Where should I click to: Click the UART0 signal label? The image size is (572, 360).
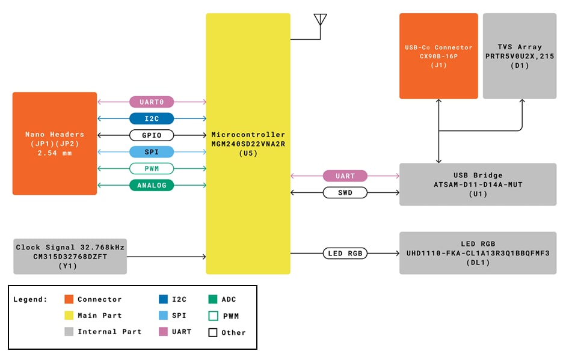(x=152, y=102)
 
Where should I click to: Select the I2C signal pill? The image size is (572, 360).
(x=152, y=118)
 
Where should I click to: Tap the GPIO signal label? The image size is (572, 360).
(x=152, y=135)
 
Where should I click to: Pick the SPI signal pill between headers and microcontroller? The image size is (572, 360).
(x=152, y=151)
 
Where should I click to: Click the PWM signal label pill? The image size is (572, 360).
(x=152, y=168)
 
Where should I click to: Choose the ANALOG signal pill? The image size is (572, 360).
(x=152, y=185)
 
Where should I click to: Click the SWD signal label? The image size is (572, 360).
(x=345, y=192)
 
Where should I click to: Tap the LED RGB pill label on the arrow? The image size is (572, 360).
(x=345, y=253)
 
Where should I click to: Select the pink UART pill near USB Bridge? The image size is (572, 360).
(x=345, y=176)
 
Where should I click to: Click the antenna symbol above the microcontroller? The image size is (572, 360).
(x=320, y=20)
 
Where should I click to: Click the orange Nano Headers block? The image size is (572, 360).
(x=55, y=143)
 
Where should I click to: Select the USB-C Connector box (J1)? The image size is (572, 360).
(x=438, y=56)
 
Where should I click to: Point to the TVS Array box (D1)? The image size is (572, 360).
(x=519, y=56)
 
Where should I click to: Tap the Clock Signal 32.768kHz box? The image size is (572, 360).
(x=70, y=256)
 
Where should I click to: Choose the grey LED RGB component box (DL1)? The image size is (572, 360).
(x=478, y=253)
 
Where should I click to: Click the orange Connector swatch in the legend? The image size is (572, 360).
(x=69, y=299)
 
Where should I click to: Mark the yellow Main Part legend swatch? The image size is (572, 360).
(x=69, y=316)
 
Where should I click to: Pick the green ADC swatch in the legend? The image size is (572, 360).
(x=213, y=299)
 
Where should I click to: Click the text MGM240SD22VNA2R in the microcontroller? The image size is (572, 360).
(x=248, y=144)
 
